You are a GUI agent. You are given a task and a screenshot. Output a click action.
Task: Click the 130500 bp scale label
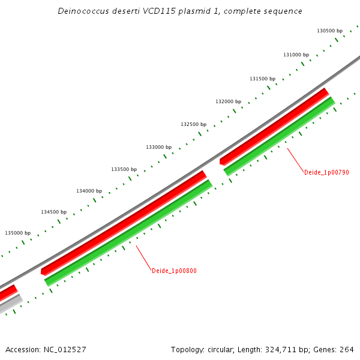[x=329, y=31]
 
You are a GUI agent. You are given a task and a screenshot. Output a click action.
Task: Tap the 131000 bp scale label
[x=296, y=55]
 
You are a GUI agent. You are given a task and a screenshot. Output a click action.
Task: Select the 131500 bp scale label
[x=262, y=79]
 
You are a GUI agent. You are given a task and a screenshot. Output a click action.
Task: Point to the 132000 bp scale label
[x=228, y=102]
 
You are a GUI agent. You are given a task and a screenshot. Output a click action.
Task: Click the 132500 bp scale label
[x=193, y=124]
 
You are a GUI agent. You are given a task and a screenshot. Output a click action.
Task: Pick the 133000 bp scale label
[x=158, y=147]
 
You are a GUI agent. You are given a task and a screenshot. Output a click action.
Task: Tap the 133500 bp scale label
[x=124, y=169]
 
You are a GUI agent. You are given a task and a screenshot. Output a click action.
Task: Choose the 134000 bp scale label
[x=89, y=191]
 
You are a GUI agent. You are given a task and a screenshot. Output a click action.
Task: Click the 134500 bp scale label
[x=53, y=212]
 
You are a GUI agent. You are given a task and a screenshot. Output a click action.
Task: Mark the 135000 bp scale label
[x=17, y=233]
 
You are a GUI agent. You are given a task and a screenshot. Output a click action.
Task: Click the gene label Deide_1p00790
[x=326, y=172]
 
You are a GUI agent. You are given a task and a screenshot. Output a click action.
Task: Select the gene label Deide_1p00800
[x=174, y=271]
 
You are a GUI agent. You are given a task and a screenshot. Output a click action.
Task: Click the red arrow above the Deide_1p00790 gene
[x=274, y=126]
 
